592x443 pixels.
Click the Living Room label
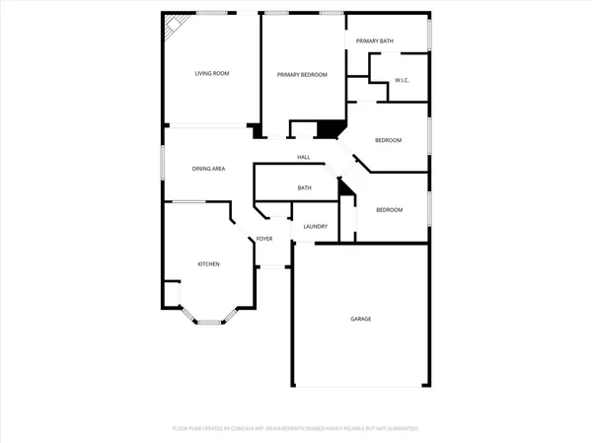[x=211, y=74]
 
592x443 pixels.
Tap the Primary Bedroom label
[x=302, y=75]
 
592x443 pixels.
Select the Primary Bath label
[x=375, y=40]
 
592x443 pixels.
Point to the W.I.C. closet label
[x=402, y=81]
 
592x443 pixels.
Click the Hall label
[x=304, y=158]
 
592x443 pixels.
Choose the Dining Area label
[x=209, y=169]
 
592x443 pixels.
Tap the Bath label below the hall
[x=305, y=187]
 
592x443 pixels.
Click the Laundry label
[x=315, y=227]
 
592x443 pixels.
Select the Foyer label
[x=264, y=239]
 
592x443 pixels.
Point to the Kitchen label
[x=208, y=263]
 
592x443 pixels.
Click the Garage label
[x=361, y=319]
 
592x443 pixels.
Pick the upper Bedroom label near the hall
[x=388, y=140]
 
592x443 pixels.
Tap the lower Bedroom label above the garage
[x=389, y=209]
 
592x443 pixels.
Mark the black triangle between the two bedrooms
[x=345, y=185]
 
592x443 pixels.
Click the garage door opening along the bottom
[x=360, y=386]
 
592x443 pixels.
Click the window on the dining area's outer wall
[x=164, y=162]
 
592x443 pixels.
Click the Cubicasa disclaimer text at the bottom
[x=295, y=428]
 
